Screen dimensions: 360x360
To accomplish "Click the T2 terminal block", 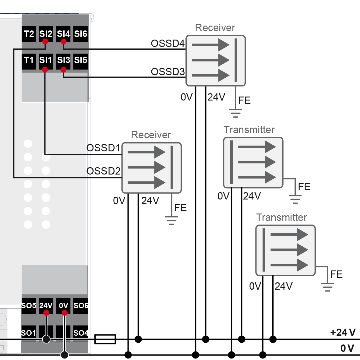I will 29,34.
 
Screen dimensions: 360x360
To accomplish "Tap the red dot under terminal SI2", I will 45,42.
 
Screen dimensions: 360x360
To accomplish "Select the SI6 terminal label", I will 81,34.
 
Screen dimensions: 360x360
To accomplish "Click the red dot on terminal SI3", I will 63,70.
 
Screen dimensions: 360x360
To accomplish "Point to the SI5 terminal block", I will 81,60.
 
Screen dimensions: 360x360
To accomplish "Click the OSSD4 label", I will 168,44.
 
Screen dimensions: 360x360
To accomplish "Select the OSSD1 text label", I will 104,148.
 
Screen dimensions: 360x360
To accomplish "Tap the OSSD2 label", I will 104,171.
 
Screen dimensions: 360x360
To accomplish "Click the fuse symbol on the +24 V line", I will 105,339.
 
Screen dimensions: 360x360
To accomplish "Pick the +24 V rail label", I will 343,332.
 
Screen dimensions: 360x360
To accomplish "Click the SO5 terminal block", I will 29,305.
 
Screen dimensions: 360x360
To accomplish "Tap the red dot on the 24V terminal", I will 46,313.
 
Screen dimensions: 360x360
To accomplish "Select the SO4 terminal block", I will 81,333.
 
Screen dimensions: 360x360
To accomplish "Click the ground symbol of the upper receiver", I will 236,113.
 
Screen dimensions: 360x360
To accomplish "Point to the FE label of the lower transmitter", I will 336,274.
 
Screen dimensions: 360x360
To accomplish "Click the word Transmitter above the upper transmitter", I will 249,130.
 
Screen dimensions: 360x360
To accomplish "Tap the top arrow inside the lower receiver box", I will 146,152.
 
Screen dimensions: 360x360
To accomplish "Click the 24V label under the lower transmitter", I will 284,286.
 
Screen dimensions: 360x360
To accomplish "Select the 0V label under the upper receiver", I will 187,97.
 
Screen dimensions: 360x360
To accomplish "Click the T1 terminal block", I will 29,60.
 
